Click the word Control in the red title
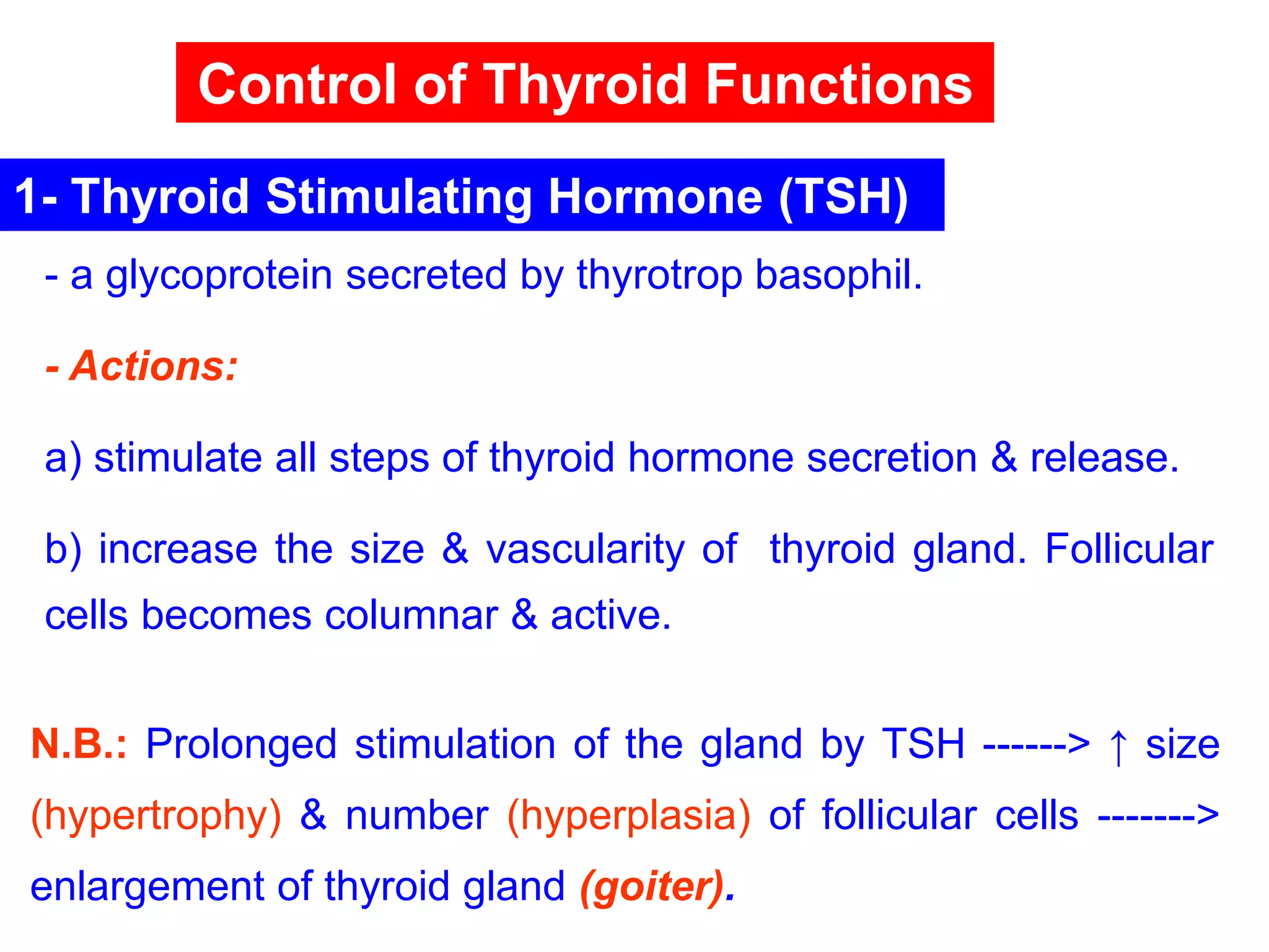click(297, 84)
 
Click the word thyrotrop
click(659, 276)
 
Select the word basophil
click(838, 276)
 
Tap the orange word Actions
click(153, 366)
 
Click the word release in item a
click(1104, 458)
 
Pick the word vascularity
click(585, 550)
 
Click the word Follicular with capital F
click(1129, 549)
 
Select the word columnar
click(411, 615)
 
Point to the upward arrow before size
click(1118, 746)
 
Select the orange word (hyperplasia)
click(628, 816)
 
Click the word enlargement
click(147, 888)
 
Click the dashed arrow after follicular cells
click(1157, 816)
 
